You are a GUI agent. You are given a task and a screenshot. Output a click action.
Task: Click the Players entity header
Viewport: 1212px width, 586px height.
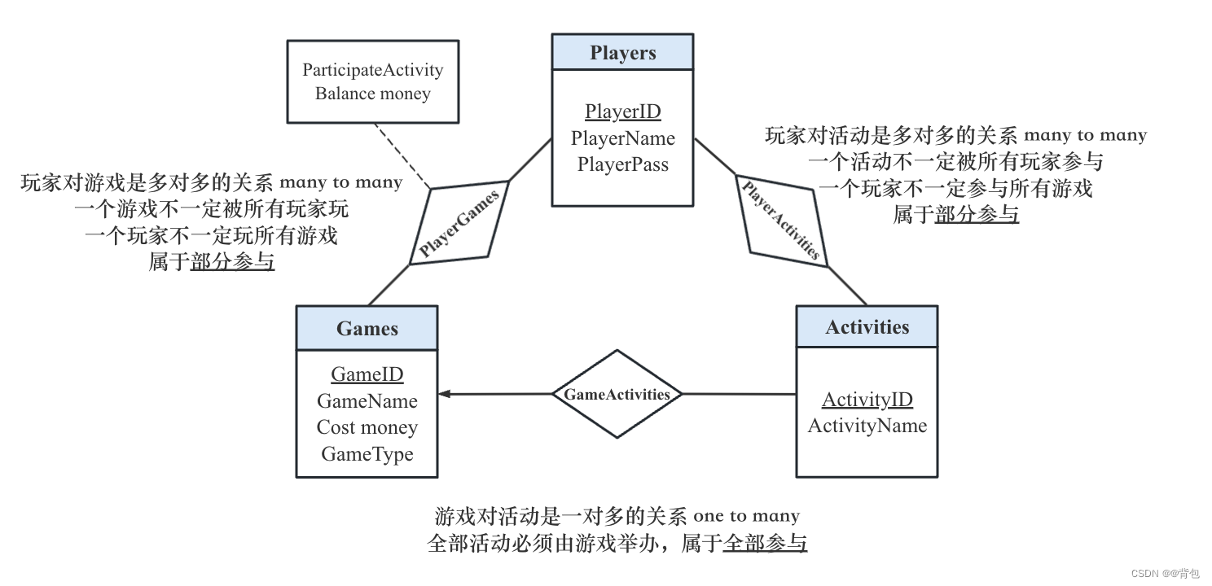622,53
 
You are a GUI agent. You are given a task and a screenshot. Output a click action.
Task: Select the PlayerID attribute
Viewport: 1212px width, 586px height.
622,112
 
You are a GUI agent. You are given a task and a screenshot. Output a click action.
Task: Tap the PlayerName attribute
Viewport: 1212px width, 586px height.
622,138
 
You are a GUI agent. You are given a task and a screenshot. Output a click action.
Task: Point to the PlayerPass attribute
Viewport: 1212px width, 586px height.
622,164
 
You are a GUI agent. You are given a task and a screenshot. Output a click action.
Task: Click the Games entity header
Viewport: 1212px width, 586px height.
367,329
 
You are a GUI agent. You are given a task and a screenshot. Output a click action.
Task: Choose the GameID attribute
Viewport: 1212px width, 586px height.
367,374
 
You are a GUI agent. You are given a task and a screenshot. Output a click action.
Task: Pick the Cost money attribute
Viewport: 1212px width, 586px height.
367,427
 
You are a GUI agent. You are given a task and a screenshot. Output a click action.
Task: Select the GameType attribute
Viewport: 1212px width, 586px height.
367,454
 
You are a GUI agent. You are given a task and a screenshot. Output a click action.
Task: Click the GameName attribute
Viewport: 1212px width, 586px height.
367,401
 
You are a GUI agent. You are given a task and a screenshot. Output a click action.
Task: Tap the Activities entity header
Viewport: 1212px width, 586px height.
867,327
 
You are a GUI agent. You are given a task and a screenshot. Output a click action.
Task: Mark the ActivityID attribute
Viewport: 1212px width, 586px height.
867,400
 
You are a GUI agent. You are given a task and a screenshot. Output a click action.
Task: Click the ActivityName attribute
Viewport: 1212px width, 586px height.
867,426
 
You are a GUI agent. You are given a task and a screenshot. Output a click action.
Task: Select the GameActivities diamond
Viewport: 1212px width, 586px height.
617,395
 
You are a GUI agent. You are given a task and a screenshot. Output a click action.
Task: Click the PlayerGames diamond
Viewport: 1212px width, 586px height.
459,221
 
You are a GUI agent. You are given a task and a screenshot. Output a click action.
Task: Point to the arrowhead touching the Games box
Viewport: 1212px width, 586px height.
444,395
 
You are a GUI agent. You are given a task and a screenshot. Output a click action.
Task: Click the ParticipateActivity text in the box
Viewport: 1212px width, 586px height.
372,70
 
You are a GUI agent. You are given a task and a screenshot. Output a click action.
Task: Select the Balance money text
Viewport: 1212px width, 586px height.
372,94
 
